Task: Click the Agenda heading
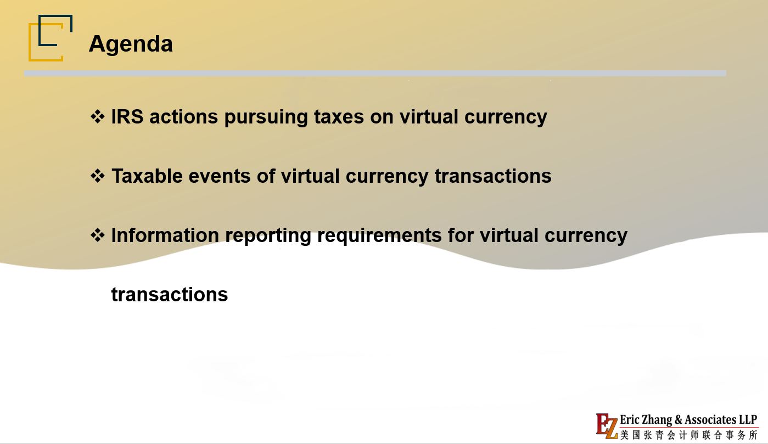131,44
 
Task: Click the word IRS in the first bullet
127,116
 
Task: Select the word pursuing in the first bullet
266,117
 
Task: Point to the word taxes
339,117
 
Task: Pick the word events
220,177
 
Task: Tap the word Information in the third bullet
165,235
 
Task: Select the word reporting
268,236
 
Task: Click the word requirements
379,236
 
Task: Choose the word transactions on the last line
170,295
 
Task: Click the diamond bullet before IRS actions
97,116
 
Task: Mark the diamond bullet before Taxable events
97,176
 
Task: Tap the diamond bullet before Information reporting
97,235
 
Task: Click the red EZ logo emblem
607,426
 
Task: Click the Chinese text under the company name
689,435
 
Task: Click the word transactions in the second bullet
493,176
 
